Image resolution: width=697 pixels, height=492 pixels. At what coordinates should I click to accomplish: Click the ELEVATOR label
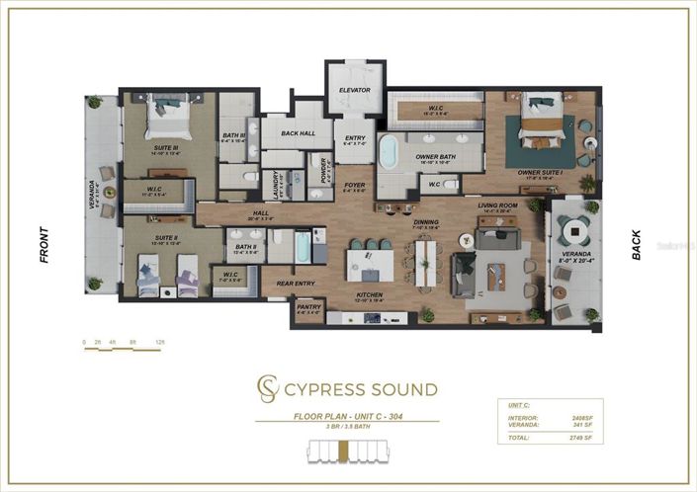tap(354, 90)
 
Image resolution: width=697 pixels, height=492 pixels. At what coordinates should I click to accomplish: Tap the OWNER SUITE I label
tap(541, 172)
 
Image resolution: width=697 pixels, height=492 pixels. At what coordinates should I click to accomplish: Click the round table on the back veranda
tap(572, 231)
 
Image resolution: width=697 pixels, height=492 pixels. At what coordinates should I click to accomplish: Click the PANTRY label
tap(308, 309)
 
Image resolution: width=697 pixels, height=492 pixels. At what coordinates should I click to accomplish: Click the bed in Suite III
tap(165, 122)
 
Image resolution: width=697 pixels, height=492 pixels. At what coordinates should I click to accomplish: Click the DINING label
tap(426, 221)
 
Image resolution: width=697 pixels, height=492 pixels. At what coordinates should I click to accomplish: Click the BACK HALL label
tap(297, 132)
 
